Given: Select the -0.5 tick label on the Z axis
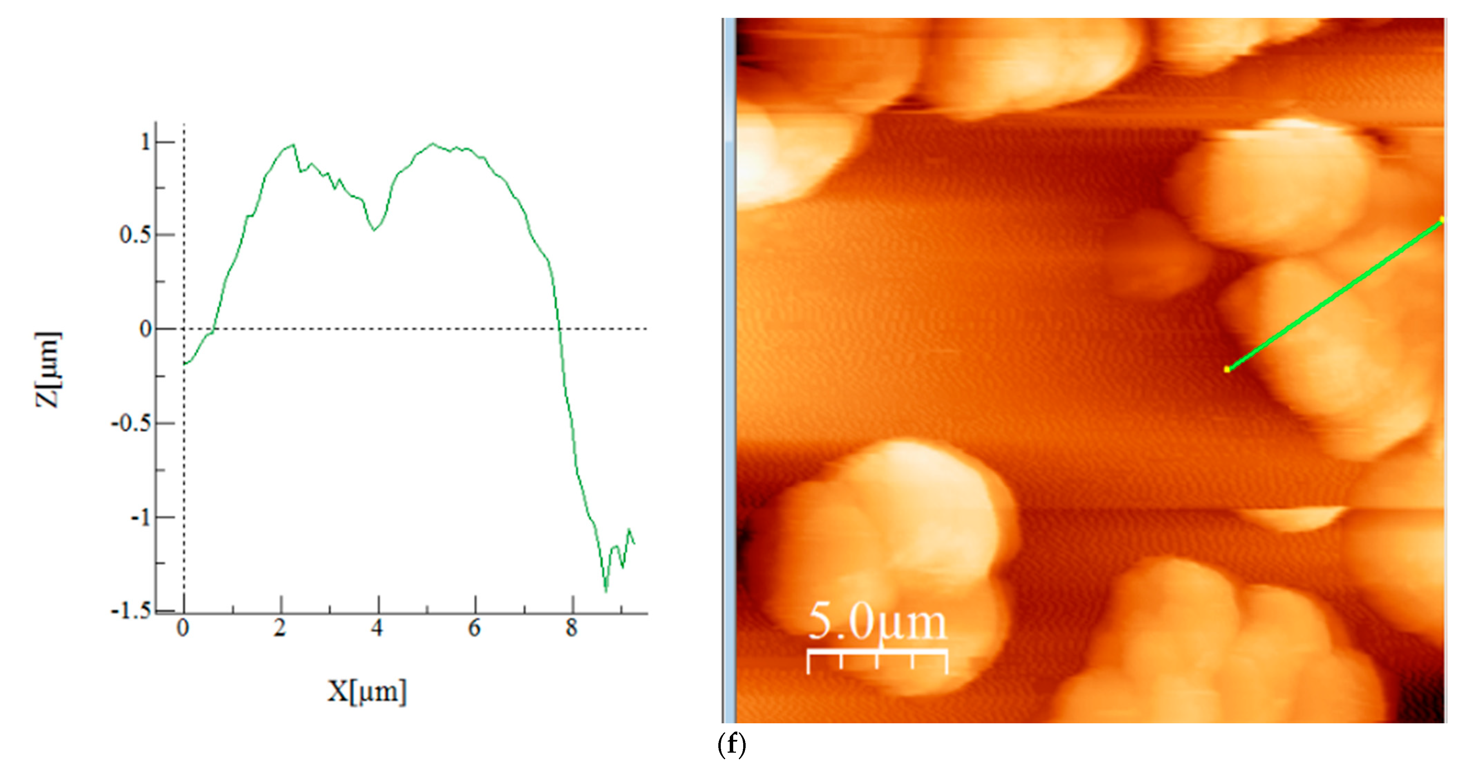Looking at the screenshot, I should tap(131, 423).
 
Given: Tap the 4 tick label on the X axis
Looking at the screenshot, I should tap(377, 628).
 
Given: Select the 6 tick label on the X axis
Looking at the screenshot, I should tap(474, 628).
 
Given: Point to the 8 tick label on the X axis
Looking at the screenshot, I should tap(571, 628).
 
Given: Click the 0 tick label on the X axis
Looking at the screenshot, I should tap(182, 628).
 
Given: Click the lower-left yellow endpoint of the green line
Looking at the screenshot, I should tap(1227, 370).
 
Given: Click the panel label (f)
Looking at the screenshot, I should tap(731, 745).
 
